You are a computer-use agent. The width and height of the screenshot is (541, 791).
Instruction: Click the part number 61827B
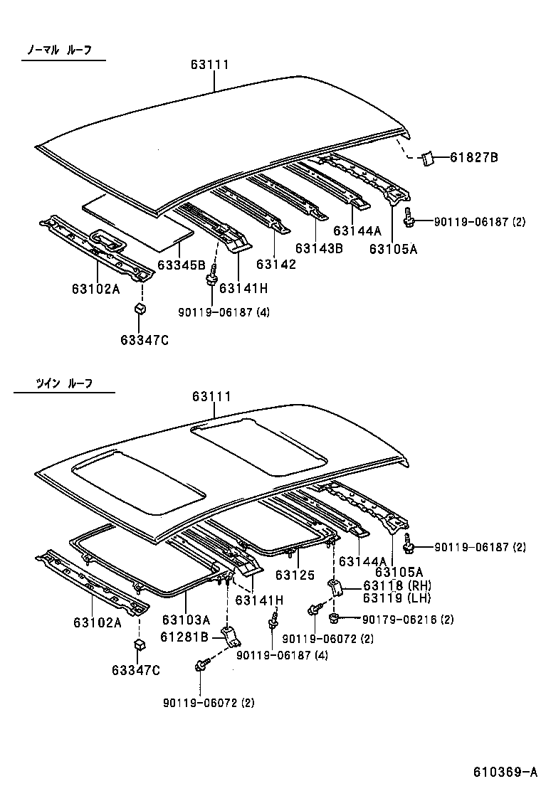click(x=474, y=157)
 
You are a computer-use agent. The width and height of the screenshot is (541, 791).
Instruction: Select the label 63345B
click(x=181, y=265)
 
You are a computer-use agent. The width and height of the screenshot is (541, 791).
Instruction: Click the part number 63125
click(x=295, y=574)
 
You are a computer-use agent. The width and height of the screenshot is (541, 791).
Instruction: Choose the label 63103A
click(x=186, y=619)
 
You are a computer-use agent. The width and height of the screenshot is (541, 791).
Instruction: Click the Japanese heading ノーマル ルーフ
click(x=60, y=51)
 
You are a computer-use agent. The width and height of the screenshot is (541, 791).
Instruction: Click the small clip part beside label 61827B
click(x=429, y=158)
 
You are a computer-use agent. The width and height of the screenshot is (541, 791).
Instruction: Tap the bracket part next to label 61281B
click(x=230, y=636)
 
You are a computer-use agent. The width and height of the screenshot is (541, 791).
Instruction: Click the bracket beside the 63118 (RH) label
click(x=335, y=589)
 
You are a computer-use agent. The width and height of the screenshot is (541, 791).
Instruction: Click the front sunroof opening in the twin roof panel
click(x=139, y=482)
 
